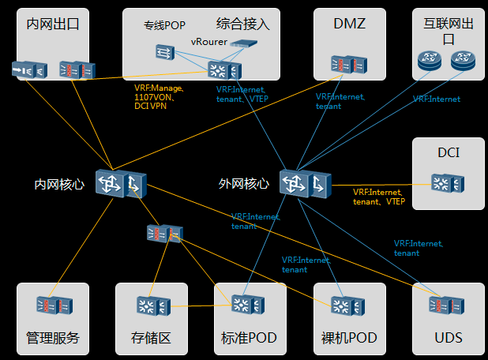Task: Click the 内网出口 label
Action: (53, 24)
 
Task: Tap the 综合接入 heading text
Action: (243, 24)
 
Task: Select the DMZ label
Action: (350, 24)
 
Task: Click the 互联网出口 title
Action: (449, 31)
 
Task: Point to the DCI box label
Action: (449, 152)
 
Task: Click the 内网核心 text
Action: (59, 184)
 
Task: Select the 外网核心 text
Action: (244, 184)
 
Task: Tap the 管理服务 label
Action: (53, 339)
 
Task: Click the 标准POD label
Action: (250, 339)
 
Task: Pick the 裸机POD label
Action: (349, 339)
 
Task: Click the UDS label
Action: (449, 339)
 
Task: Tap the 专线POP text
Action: (164, 25)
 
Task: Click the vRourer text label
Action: (209, 41)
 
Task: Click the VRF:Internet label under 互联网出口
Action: (436, 99)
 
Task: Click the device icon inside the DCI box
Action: (448, 183)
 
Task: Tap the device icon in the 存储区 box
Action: (152, 306)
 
